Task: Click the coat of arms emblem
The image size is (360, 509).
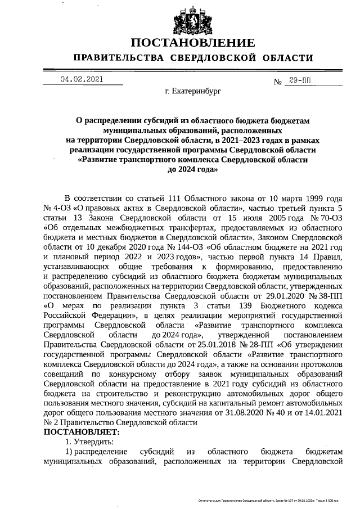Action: tap(193, 20)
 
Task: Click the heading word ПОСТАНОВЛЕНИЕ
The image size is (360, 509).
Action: tap(193, 43)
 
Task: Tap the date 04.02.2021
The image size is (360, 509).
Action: tap(82, 79)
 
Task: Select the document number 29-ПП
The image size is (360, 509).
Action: tap(299, 81)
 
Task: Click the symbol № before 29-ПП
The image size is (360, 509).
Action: tap(277, 82)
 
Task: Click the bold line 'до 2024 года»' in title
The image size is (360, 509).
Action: tap(193, 170)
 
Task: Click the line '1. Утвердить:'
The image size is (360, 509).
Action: tap(89, 442)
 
